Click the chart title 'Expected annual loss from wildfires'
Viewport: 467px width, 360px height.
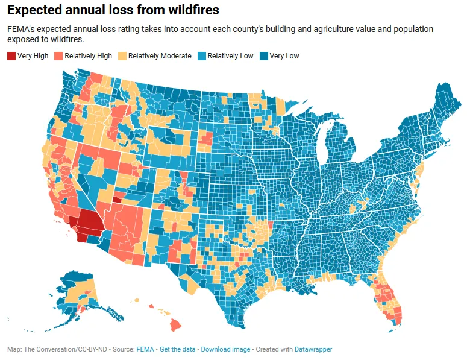(x=113, y=10)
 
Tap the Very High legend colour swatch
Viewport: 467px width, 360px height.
(x=11, y=56)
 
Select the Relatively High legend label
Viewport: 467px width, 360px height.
(x=88, y=56)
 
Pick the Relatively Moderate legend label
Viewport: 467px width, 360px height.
(x=160, y=56)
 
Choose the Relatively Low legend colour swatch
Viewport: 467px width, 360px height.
(x=202, y=56)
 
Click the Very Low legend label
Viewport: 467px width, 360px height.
(x=284, y=56)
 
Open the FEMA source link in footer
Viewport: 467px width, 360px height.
(x=145, y=349)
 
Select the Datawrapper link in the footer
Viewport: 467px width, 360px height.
(x=311, y=349)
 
